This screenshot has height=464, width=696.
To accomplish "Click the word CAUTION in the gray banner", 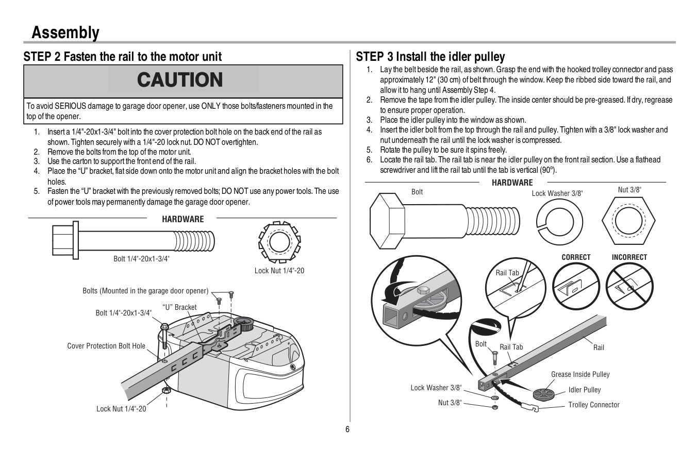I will click(x=180, y=80).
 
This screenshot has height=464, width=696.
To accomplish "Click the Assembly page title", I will click(x=65, y=32).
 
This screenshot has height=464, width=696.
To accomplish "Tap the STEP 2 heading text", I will click(x=123, y=57).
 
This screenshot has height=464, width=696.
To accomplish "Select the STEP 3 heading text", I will click(x=430, y=57).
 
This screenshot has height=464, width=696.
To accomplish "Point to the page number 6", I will click(x=347, y=429).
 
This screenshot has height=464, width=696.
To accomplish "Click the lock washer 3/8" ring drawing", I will click(x=555, y=221).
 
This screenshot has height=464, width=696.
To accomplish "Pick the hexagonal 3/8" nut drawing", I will click(x=628, y=222).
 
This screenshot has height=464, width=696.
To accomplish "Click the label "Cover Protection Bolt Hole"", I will click(x=106, y=346).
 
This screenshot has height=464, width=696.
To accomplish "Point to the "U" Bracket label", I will click(x=179, y=307).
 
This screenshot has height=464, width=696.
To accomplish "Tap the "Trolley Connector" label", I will click(x=594, y=405).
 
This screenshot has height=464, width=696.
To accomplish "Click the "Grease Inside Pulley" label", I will click(x=580, y=374).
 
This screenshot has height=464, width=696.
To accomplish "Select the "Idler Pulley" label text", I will click(x=585, y=390).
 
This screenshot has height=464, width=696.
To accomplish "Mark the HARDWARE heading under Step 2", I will click(x=183, y=219).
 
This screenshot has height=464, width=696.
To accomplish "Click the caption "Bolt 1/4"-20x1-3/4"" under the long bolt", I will click(x=141, y=259).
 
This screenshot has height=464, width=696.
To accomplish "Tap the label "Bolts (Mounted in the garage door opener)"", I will click(x=145, y=291).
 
